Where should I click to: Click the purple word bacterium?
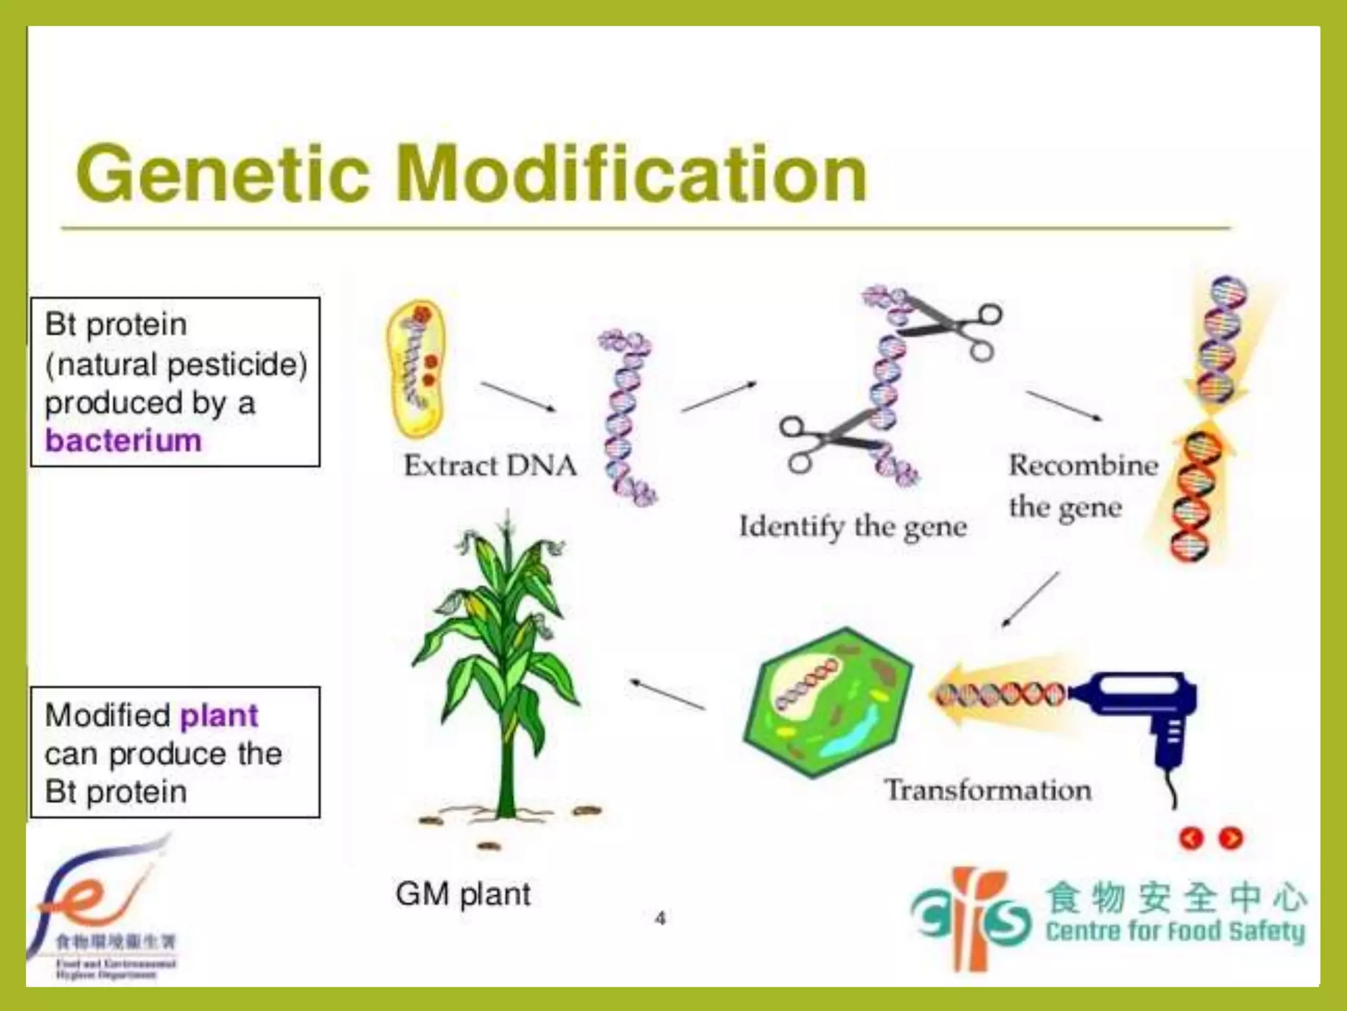click(x=123, y=440)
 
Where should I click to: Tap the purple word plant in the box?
click(x=219, y=715)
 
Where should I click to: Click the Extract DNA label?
click(x=490, y=465)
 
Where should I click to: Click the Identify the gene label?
click(x=852, y=527)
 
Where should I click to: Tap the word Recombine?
click(x=1083, y=465)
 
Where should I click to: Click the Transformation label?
click(x=987, y=790)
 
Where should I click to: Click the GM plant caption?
click(x=463, y=894)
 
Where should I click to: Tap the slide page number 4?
click(x=660, y=918)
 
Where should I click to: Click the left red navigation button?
click(x=1192, y=838)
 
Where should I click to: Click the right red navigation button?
click(x=1231, y=838)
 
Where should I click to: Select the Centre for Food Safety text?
click(x=1175, y=931)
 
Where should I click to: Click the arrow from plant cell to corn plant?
click(x=667, y=694)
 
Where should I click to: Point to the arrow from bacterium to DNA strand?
click(x=518, y=396)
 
